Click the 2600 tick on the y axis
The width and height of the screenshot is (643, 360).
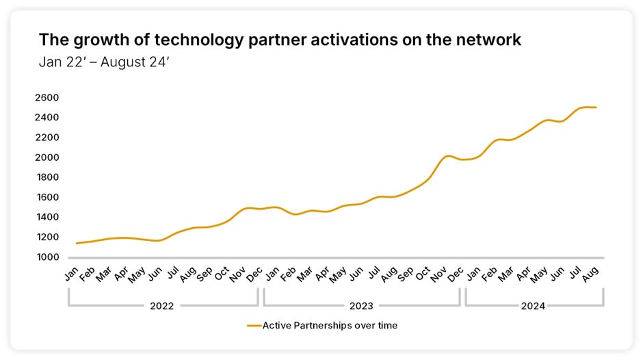(48, 98)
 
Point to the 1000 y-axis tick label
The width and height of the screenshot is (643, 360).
(48, 257)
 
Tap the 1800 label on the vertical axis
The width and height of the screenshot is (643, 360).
(48, 177)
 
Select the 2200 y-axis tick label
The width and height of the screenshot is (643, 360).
(48, 138)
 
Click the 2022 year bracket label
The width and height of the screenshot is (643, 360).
(161, 306)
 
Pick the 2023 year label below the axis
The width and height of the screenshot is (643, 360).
(360, 306)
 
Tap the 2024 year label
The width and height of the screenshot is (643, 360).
(534, 306)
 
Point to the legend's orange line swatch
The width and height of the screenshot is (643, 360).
(254, 326)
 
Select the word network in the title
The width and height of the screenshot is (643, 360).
(489, 40)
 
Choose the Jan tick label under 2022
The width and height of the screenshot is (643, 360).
(71, 271)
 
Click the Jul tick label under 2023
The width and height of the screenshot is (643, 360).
(373, 271)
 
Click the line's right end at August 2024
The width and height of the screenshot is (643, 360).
(596, 107)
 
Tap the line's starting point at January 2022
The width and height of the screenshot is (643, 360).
(76, 243)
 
